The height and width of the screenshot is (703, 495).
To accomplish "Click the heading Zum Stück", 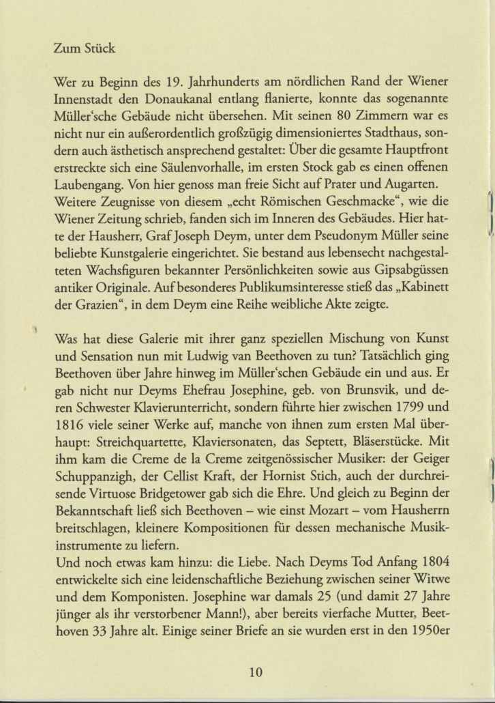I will point(85,49).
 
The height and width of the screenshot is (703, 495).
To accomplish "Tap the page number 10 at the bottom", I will point(255,672).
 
